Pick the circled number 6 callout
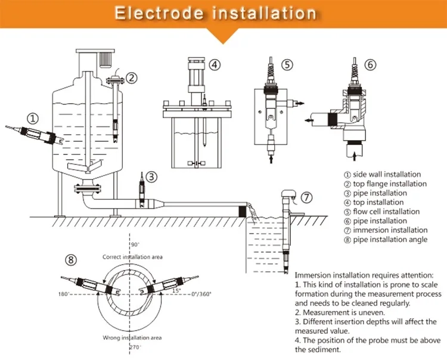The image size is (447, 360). click(x=371, y=64)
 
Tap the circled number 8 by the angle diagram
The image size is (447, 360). click(x=71, y=259)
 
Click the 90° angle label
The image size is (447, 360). click(x=135, y=244)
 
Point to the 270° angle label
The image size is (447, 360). click(x=135, y=346)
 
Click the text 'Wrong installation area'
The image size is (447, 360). click(x=132, y=337)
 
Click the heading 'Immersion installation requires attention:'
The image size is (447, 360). click(x=364, y=275)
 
